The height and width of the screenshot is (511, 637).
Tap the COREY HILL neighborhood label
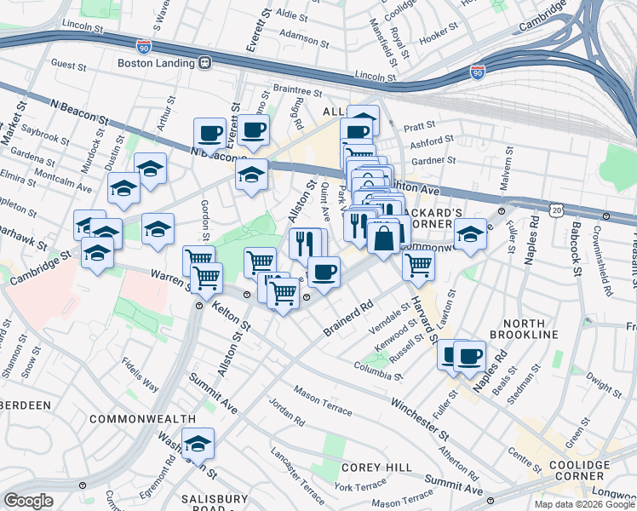tap(376, 468)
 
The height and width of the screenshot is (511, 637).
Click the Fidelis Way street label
tap(141, 374)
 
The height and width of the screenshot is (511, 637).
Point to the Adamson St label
tap(305, 36)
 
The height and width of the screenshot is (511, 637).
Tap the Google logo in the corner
tap(28, 501)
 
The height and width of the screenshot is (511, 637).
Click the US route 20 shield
tap(556, 209)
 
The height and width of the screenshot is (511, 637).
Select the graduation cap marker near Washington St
tap(198, 443)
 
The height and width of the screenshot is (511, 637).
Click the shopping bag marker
tap(383, 237)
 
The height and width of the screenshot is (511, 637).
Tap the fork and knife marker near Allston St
tap(306, 244)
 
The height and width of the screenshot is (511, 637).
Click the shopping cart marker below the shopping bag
tap(418, 264)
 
